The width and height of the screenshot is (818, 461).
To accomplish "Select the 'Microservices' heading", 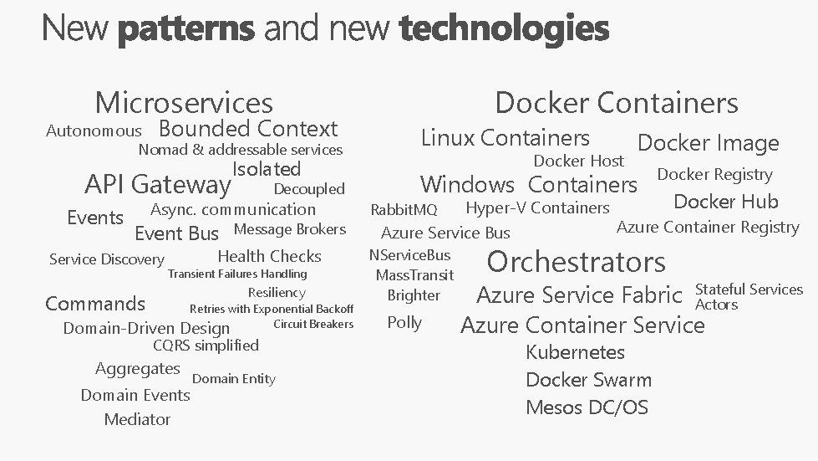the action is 184,103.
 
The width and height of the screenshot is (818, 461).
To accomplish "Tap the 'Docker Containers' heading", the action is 617,103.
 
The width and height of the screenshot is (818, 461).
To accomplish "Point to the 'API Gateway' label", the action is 158,183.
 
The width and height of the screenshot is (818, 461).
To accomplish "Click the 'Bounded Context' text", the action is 247,129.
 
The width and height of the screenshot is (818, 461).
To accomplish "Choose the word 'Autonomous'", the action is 94,131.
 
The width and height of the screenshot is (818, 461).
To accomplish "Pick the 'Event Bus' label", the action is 176,233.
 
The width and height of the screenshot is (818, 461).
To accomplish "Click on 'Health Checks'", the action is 269,257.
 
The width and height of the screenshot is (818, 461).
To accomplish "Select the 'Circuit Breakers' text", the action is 313,325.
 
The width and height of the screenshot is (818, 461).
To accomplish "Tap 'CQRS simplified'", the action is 206,346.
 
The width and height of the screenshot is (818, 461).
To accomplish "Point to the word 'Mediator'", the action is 137,420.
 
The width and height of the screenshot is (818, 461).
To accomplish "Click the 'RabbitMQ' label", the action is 404,209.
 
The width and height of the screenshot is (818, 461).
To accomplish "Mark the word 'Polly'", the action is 404,323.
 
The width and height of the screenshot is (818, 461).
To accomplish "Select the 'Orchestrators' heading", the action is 576,262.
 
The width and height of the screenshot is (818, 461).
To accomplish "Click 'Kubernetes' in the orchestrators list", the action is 575,352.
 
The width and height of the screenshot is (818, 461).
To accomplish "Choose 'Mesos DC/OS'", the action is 587,407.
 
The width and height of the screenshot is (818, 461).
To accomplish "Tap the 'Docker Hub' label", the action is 725,202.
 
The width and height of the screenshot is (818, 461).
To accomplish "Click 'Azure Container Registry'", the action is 708,227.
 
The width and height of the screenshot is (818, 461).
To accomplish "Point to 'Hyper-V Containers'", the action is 537,208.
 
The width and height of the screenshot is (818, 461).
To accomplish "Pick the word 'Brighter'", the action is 414,295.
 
